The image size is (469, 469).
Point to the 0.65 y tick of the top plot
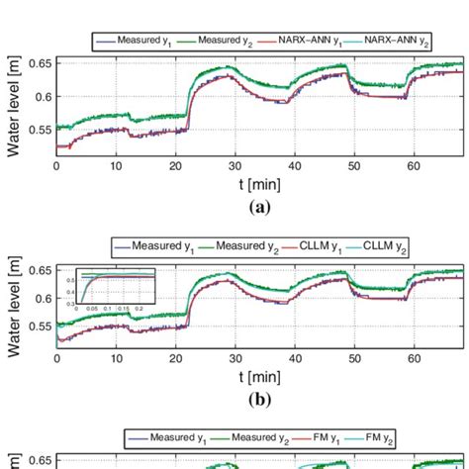40,64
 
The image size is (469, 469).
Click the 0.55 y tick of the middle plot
40,327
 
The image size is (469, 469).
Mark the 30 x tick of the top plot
234,166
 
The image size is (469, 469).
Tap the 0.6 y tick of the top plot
43,96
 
